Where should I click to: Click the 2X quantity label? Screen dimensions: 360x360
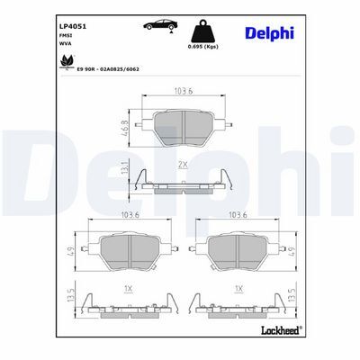183,166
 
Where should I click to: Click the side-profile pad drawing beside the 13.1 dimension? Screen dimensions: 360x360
183,184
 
